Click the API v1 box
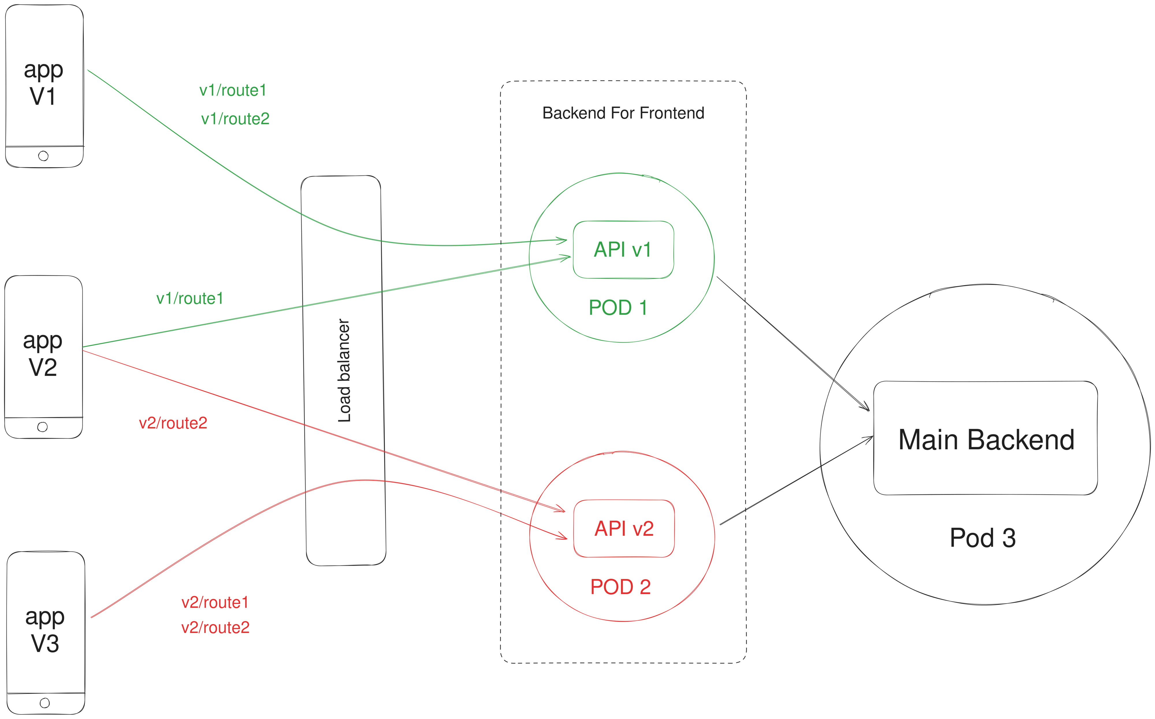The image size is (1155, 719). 623,250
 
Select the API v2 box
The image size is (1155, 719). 624,528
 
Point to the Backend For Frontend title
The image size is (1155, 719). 623,113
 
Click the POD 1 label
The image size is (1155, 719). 618,308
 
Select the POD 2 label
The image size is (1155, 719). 620,587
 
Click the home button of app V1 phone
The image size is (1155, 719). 43,156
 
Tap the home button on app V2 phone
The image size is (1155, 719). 42,427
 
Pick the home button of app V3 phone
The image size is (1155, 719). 45,703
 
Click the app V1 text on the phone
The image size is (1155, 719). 43,83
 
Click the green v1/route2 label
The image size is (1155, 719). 235,119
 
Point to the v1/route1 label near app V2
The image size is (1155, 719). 190,299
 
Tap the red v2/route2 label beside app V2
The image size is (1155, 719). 173,423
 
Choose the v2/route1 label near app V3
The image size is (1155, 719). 215,603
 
